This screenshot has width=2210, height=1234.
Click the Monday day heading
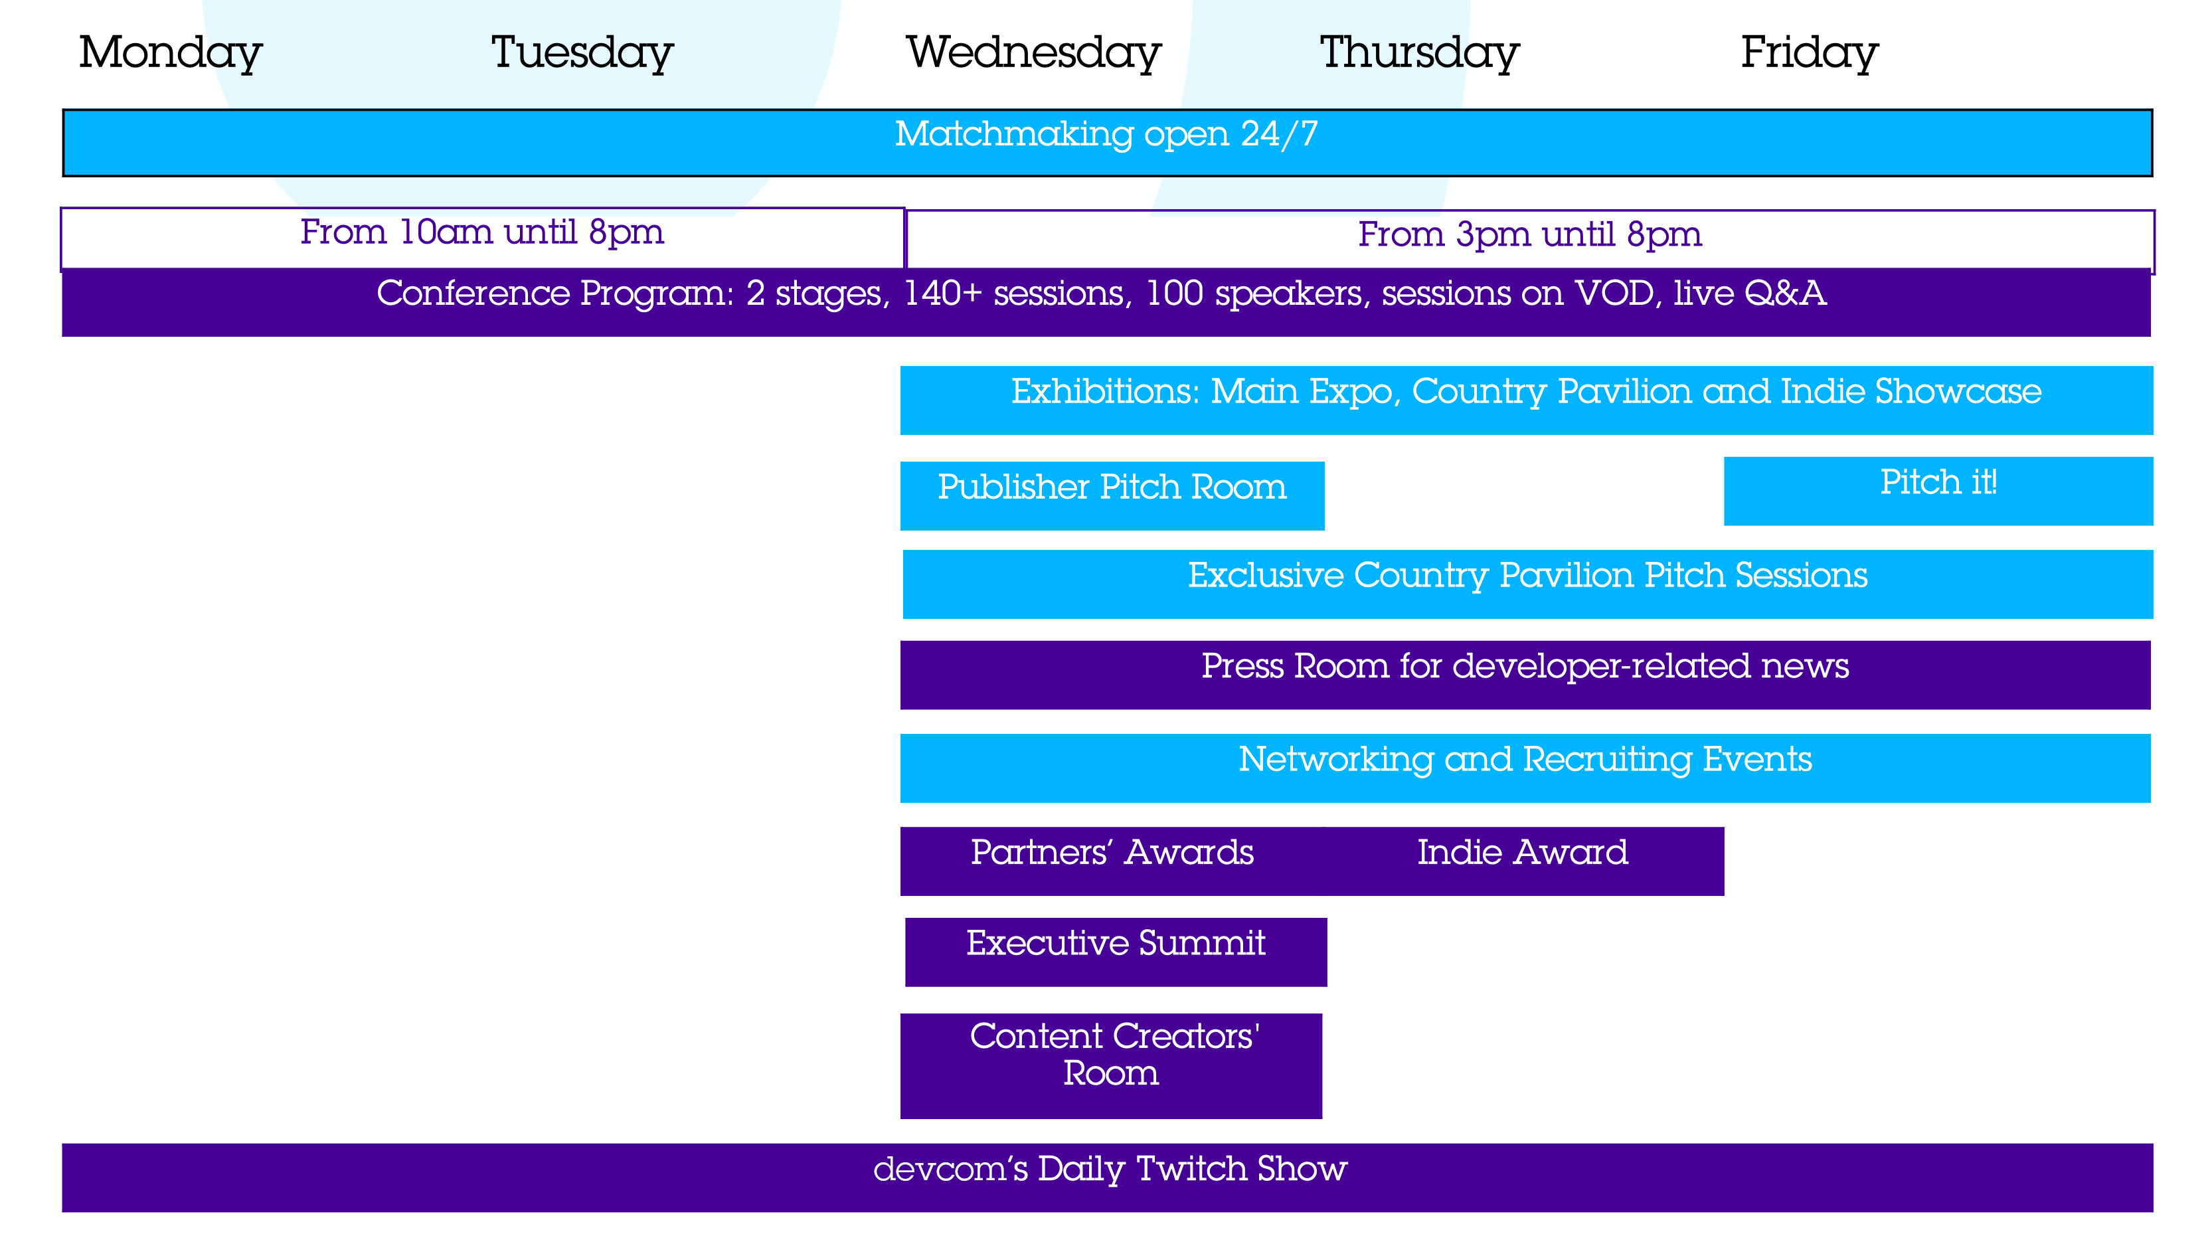tap(170, 53)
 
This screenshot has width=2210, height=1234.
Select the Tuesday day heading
tap(582, 53)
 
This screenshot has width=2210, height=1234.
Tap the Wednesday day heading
tap(1034, 53)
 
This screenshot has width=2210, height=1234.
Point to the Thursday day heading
tap(1419, 53)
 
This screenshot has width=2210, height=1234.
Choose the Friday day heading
tap(1810, 53)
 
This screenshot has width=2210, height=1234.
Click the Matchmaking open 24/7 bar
tap(1107, 142)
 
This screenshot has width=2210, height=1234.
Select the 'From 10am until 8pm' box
tap(482, 238)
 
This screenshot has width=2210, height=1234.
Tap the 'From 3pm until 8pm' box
tap(1530, 240)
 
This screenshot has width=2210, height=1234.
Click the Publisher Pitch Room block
tap(1112, 496)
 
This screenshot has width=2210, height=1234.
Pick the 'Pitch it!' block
tap(1938, 491)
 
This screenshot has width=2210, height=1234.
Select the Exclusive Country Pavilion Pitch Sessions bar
tap(1528, 584)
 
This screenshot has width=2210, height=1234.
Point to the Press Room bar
tap(1525, 675)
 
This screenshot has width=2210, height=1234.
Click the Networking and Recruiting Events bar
tap(1525, 768)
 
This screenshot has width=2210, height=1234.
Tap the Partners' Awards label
tap(1112, 852)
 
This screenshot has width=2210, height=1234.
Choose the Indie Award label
tap(1523, 852)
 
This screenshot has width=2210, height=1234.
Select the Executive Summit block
tap(1116, 952)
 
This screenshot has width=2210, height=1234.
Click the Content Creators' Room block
tap(1111, 1066)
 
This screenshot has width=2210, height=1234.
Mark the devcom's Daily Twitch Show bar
tap(1108, 1178)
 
